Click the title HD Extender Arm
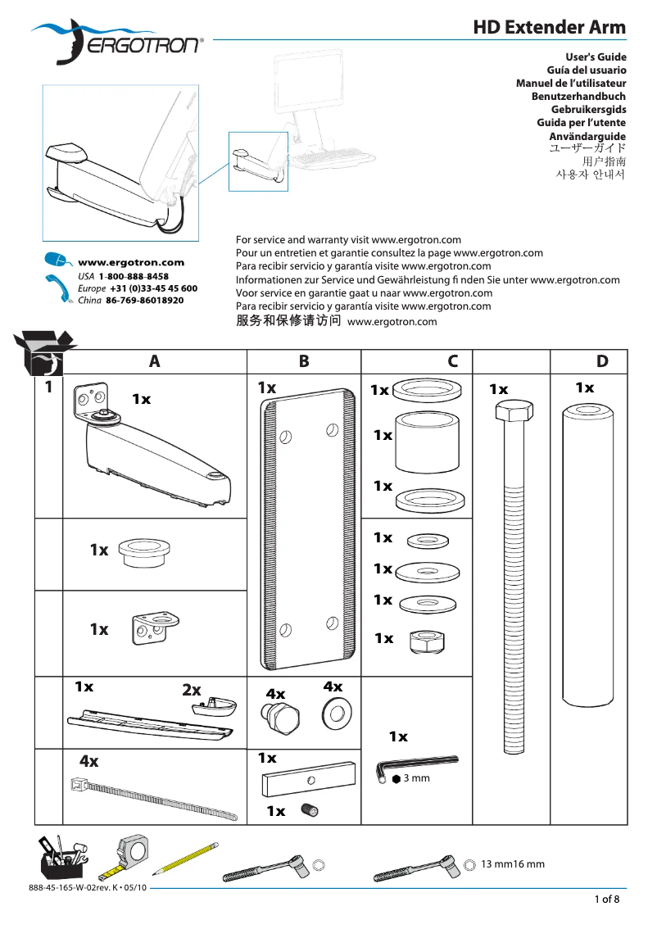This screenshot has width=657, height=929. coord(549,27)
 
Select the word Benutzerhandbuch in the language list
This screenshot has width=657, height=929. coord(578,96)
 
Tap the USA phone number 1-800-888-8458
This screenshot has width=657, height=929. coord(134,277)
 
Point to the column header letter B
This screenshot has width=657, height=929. coord(304,361)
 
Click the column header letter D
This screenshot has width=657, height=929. coord(602,361)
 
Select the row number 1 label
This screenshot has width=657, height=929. coord(49,386)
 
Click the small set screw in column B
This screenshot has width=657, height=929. coord(310,810)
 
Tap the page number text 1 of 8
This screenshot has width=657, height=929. coord(607,900)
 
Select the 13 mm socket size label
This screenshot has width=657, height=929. coord(495,864)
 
